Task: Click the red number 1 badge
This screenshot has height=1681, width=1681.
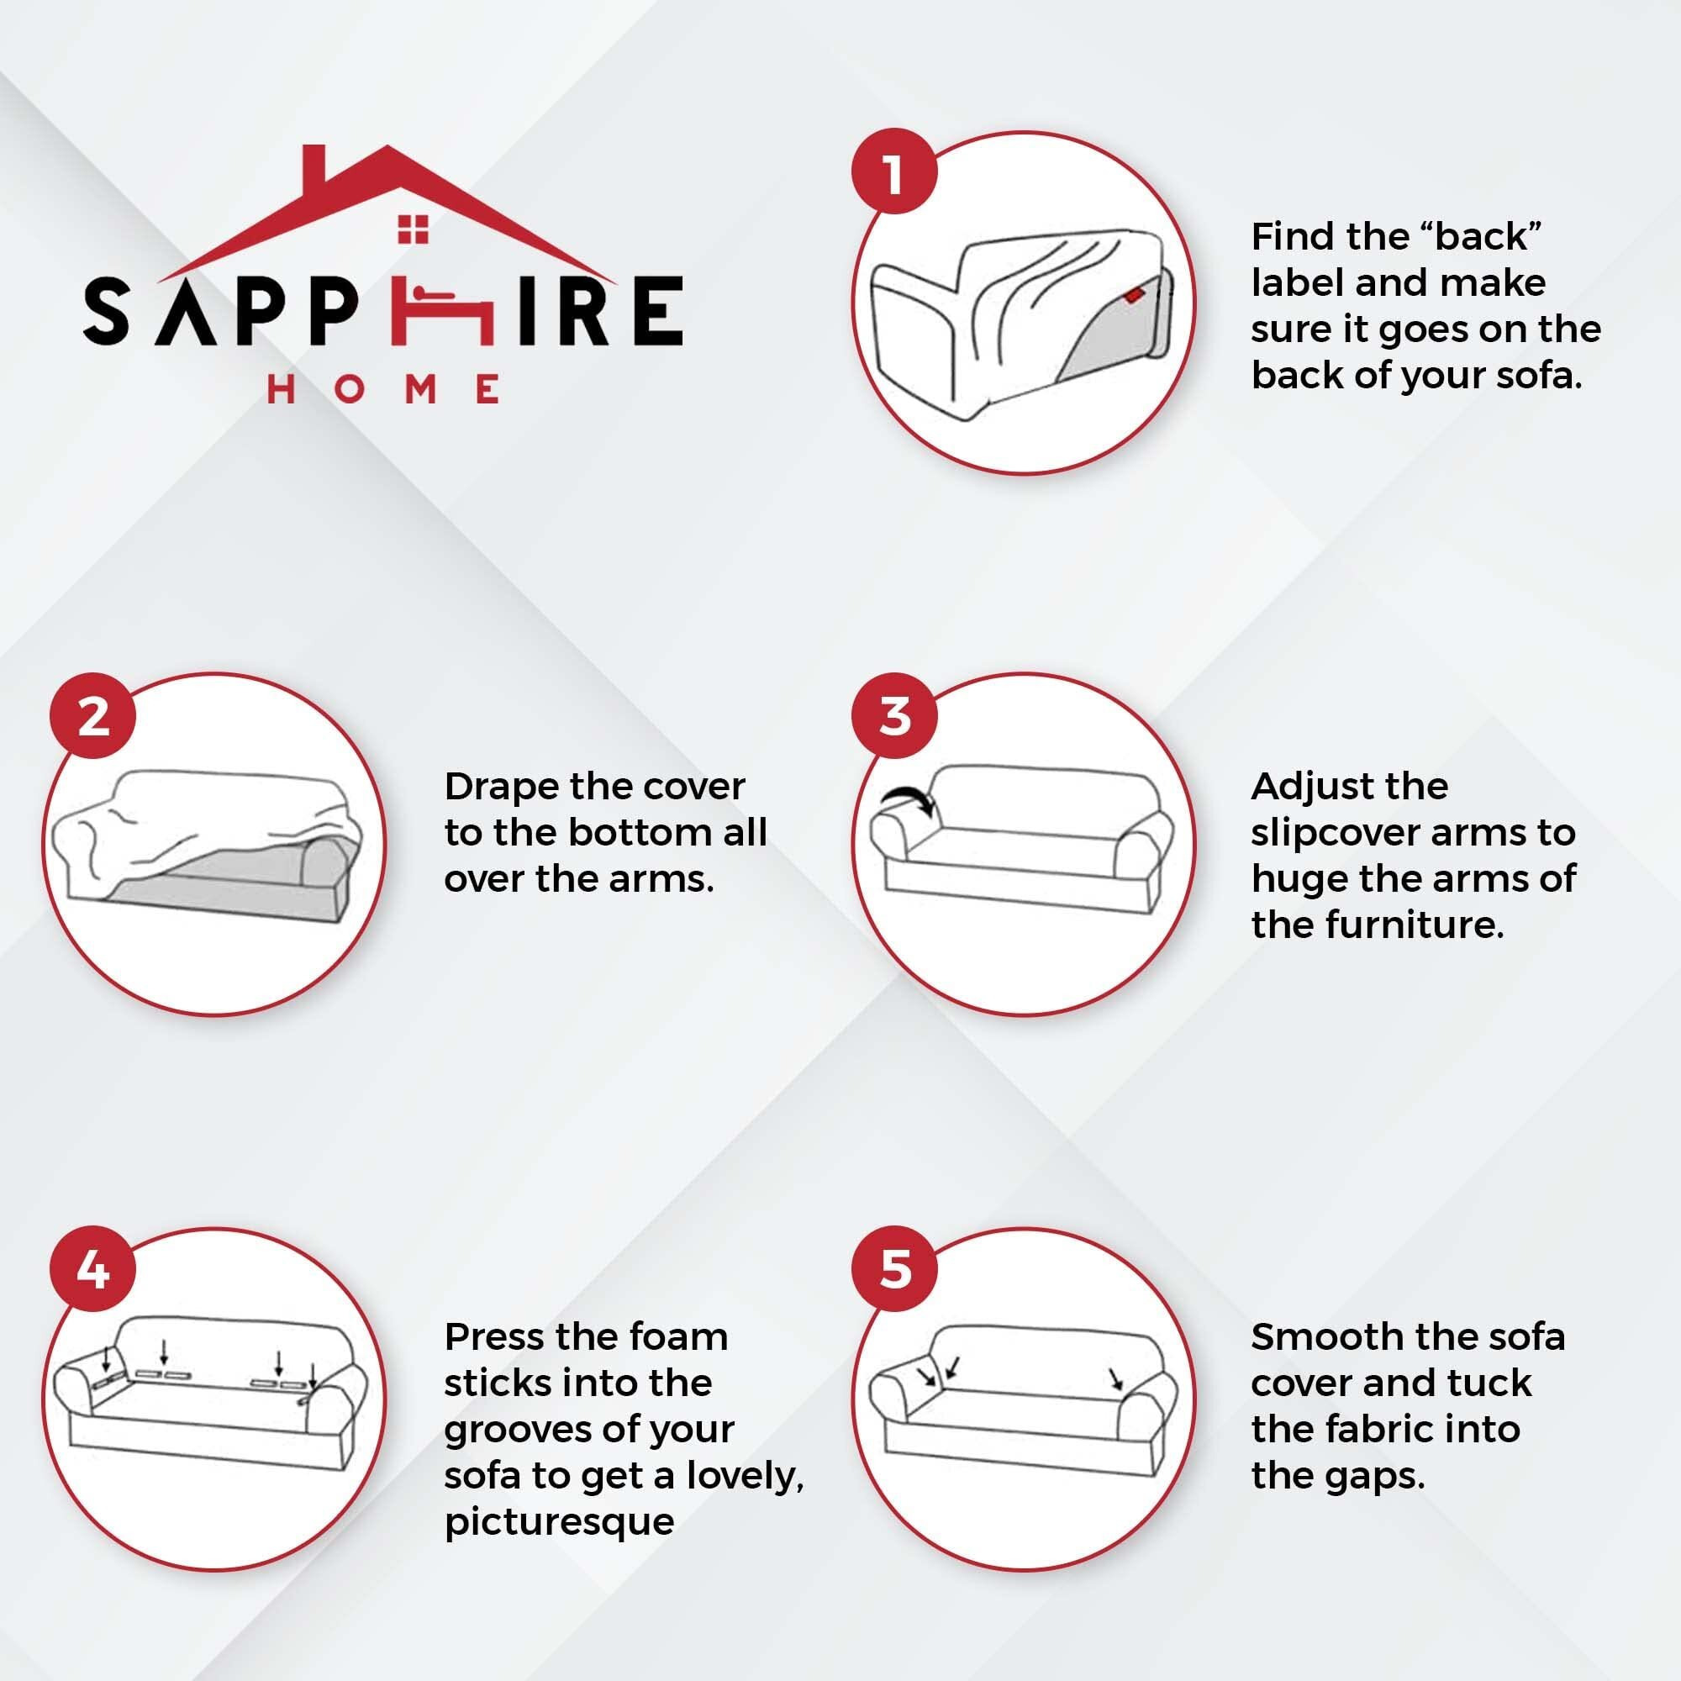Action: coord(893,172)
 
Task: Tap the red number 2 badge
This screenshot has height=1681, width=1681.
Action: coord(93,716)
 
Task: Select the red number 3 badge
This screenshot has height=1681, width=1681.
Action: coord(893,716)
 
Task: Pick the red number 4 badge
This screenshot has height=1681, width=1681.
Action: coord(93,1270)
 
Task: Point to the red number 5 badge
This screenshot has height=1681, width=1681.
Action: coord(893,1270)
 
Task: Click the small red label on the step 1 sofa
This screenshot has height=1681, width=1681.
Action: coord(1133,296)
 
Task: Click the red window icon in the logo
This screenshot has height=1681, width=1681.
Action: coord(414,229)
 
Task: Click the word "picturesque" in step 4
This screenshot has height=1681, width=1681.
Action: coord(559,1523)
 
